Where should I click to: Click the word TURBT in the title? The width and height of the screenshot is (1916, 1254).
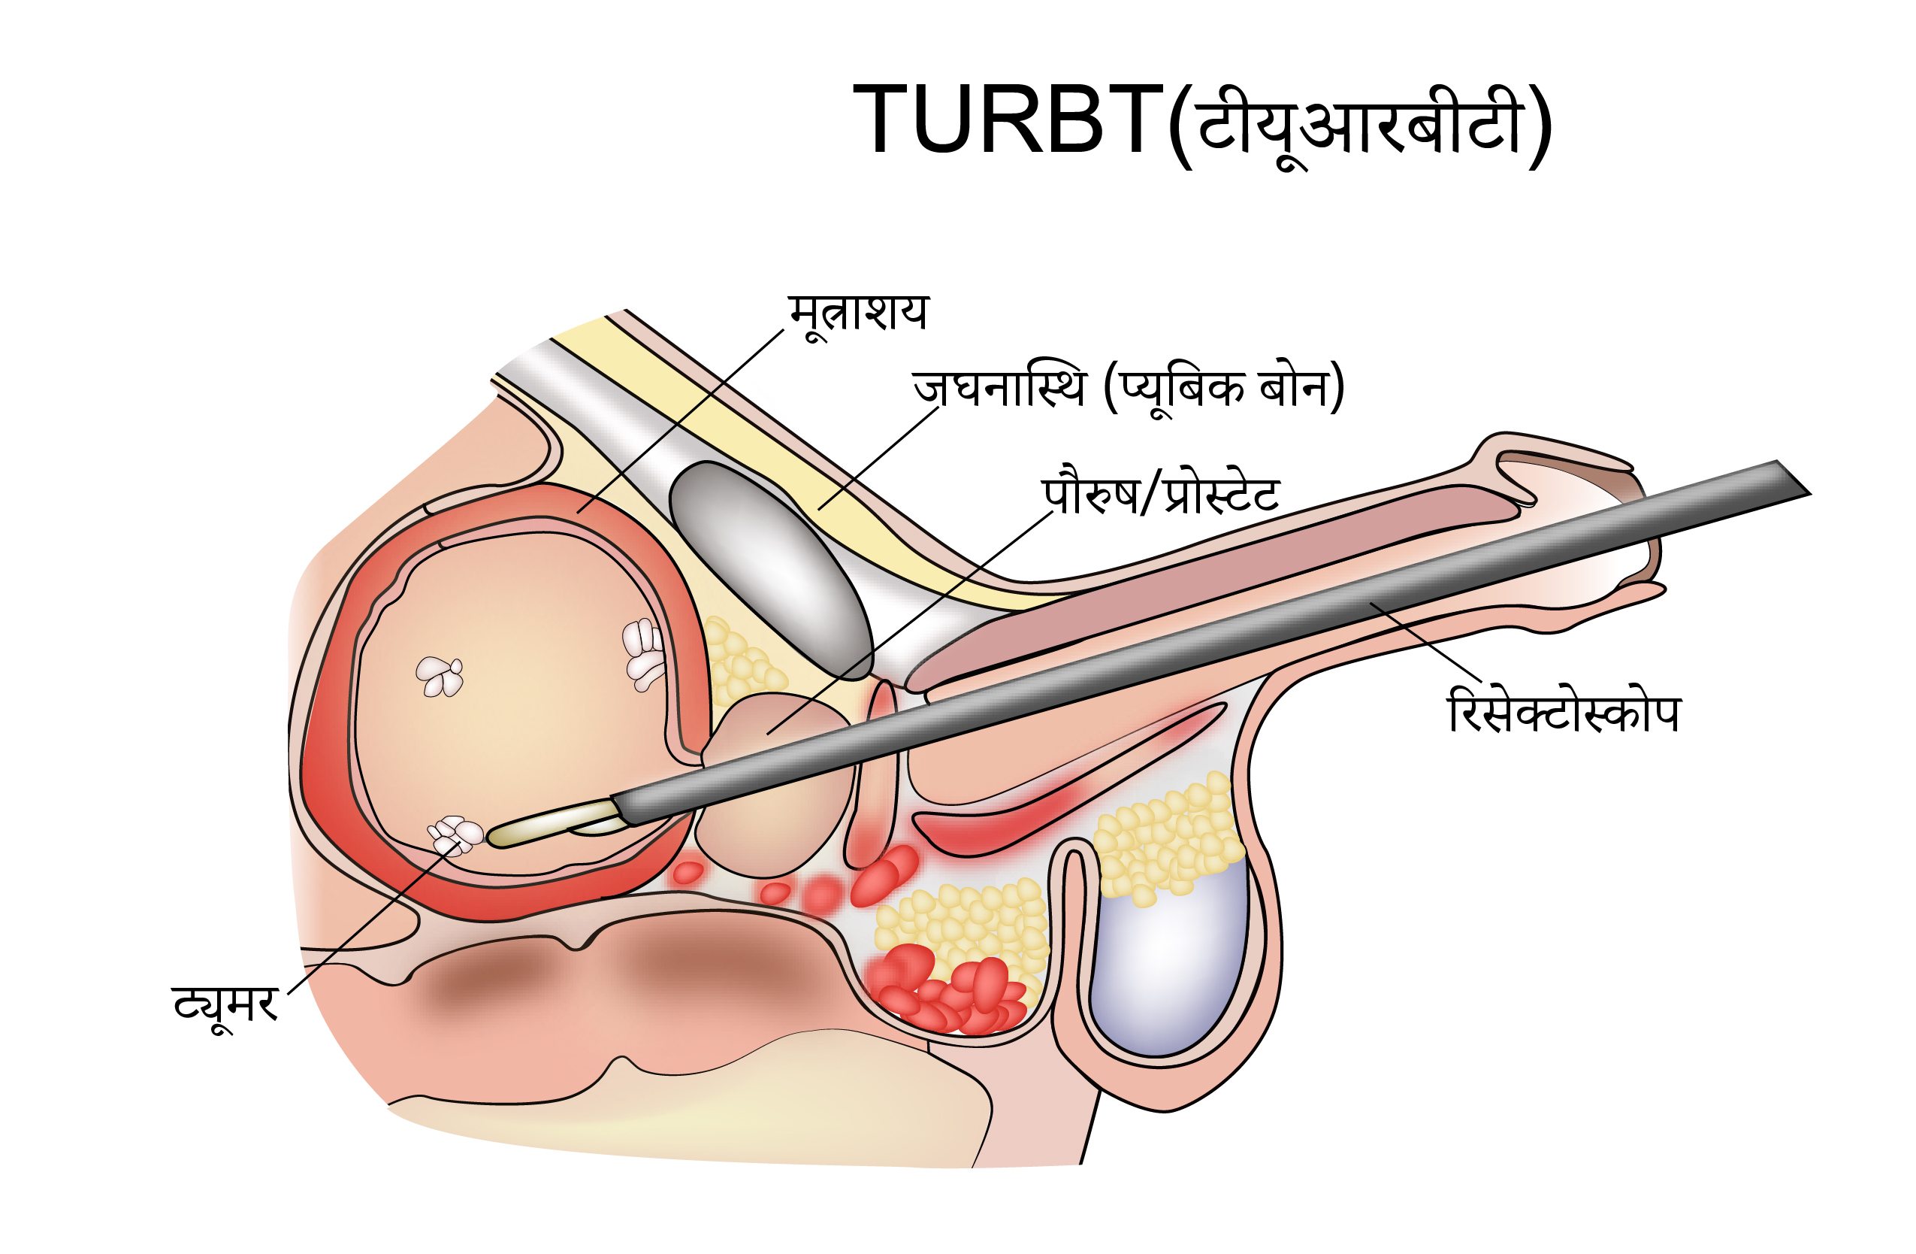(x=1006, y=120)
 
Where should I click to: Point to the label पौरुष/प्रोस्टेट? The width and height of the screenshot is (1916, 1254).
(x=1160, y=493)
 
